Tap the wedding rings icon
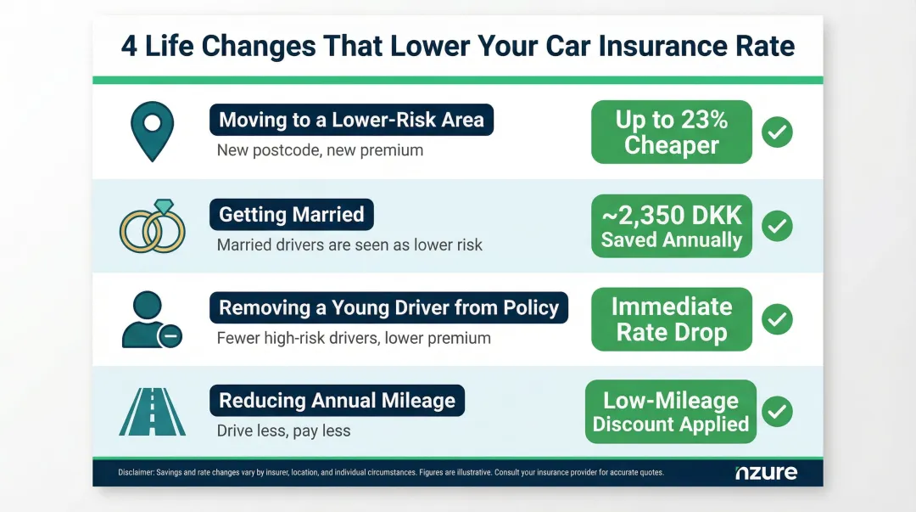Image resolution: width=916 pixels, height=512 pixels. (x=153, y=228)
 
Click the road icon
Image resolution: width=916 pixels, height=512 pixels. (x=152, y=411)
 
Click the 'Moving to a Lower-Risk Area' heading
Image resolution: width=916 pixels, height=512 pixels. (x=351, y=121)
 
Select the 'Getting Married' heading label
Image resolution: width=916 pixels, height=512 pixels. (x=291, y=215)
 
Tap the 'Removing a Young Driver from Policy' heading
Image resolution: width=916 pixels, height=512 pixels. (x=388, y=307)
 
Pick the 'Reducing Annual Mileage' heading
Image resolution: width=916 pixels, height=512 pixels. (x=337, y=401)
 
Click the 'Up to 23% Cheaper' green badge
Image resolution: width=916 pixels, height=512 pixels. (x=671, y=132)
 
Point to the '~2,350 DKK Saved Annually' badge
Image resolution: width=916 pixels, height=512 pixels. (x=671, y=226)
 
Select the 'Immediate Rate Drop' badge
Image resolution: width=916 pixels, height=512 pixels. (x=671, y=319)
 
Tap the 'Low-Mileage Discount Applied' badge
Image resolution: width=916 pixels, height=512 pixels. (x=670, y=412)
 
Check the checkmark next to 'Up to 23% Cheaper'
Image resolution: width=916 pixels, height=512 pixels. (x=777, y=132)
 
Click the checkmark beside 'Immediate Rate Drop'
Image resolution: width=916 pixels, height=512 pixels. (x=777, y=319)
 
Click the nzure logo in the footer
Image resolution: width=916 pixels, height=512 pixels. (x=766, y=472)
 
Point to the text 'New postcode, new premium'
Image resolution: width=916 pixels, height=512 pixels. (x=320, y=151)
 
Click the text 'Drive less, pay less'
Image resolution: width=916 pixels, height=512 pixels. (x=283, y=430)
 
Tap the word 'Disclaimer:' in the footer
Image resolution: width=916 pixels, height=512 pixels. (x=136, y=472)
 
